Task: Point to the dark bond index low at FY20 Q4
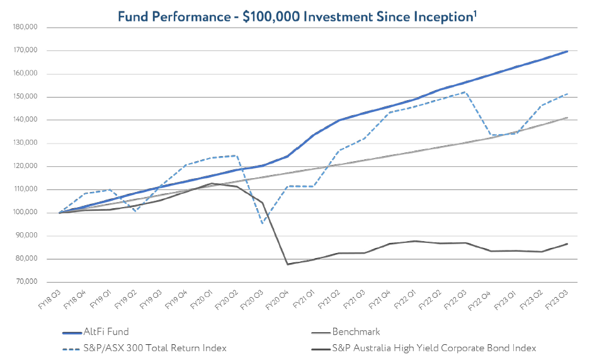[288, 264]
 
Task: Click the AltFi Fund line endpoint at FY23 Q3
[567, 51]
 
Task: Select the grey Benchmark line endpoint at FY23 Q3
[567, 118]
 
